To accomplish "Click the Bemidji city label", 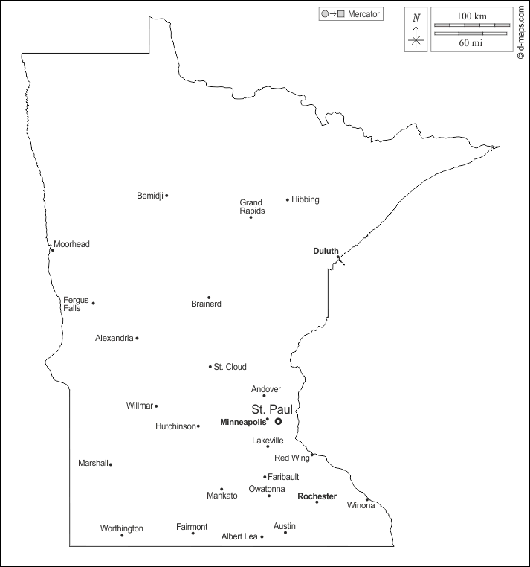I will point(149,196).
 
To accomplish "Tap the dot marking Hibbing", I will point(288,199).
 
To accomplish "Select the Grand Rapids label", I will point(251,206).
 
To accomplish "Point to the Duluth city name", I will point(326,251).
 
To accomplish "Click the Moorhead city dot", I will point(52,250).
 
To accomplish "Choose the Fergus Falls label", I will point(76,304).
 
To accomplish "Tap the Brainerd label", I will point(206,304).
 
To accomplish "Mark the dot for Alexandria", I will point(137,338).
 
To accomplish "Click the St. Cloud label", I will point(230,367).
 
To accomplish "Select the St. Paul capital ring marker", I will point(278,421).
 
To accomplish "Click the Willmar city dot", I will point(156,406).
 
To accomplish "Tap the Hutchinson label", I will point(175,426).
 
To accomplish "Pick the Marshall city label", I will point(93,463).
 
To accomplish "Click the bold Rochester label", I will point(317,496).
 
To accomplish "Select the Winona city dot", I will point(366,499).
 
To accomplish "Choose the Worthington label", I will point(122,528).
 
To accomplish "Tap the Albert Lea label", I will point(239,536).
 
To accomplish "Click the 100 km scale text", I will point(471,16).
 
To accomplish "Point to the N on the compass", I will point(416,18).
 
